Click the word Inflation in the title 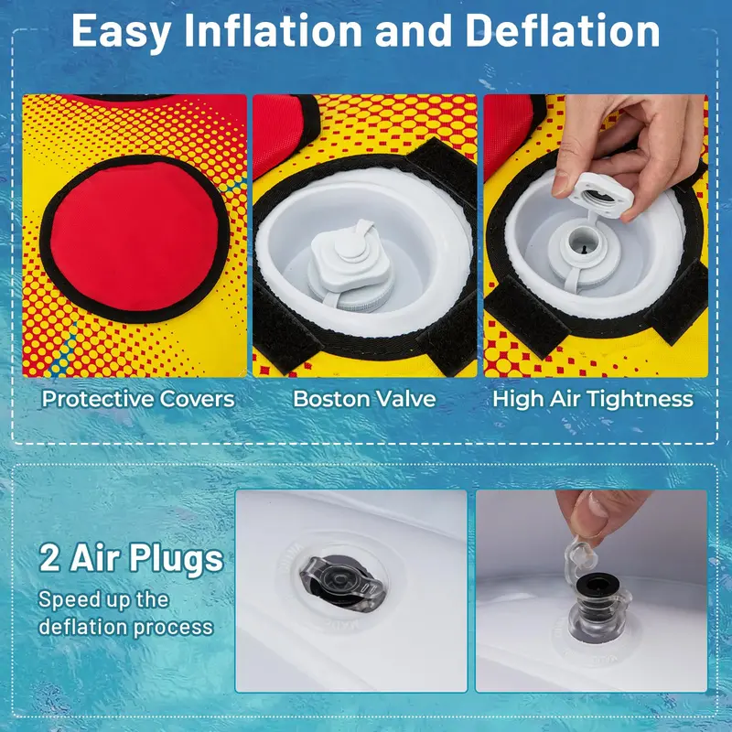[x=274, y=31]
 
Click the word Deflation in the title [x=563, y=31]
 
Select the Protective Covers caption [x=138, y=399]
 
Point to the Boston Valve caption [x=364, y=399]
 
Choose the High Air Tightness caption [x=593, y=400]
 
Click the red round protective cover [x=135, y=238]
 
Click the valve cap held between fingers [x=600, y=194]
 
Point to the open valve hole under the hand [x=583, y=242]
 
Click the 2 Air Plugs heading [x=131, y=558]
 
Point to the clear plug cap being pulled [x=580, y=557]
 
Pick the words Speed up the [x=103, y=599]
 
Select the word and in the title [x=414, y=31]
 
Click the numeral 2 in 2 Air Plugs [x=49, y=558]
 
